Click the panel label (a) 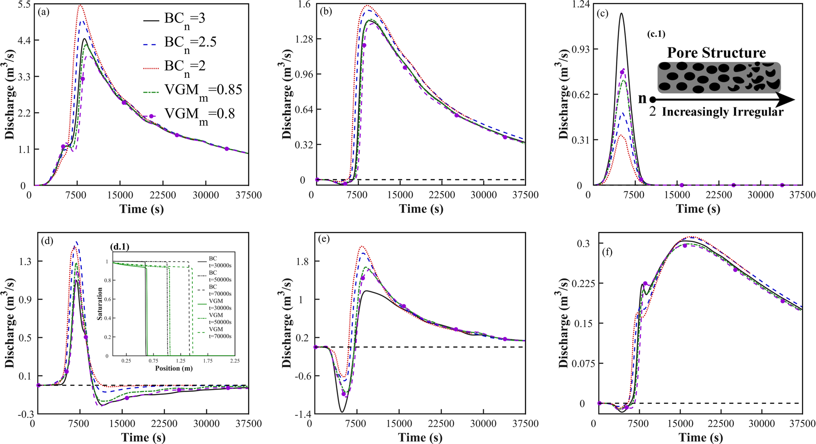(x=43, y=12)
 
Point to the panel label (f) (x=607, y=252)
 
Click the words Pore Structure (x=716, y=53)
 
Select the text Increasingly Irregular (x=723, y=112)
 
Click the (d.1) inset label (x=120, y=247)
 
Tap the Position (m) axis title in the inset (x=174, y=368)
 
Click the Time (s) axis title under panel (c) (x=698, y=209)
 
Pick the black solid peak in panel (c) (x=621, y=13)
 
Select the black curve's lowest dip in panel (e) (x=342, y=412)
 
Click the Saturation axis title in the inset (x=100, y=303)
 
